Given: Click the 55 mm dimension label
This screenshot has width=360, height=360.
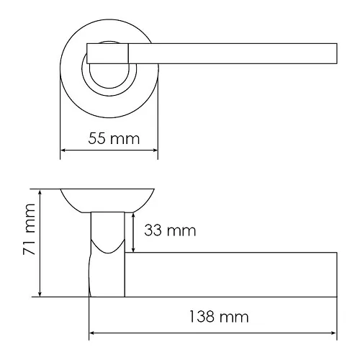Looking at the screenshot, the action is point(114,138).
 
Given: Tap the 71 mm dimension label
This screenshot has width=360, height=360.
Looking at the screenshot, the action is point(30,229).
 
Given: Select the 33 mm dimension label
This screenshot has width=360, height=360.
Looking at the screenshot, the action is point(170,230).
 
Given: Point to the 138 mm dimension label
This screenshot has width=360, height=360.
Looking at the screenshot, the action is point(219,317).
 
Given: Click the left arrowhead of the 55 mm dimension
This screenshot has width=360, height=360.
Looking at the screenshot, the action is point(63,150).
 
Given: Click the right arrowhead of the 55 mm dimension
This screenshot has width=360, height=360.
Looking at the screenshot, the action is point(155,150).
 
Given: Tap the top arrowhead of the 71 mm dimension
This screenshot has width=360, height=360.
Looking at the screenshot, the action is point(40,192).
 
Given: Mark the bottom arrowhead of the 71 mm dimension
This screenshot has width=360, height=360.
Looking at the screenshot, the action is point(40,294).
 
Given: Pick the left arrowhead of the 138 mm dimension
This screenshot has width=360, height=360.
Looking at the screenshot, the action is point(92,333).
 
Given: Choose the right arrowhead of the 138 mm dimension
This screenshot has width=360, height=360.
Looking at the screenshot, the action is point(333,333).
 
